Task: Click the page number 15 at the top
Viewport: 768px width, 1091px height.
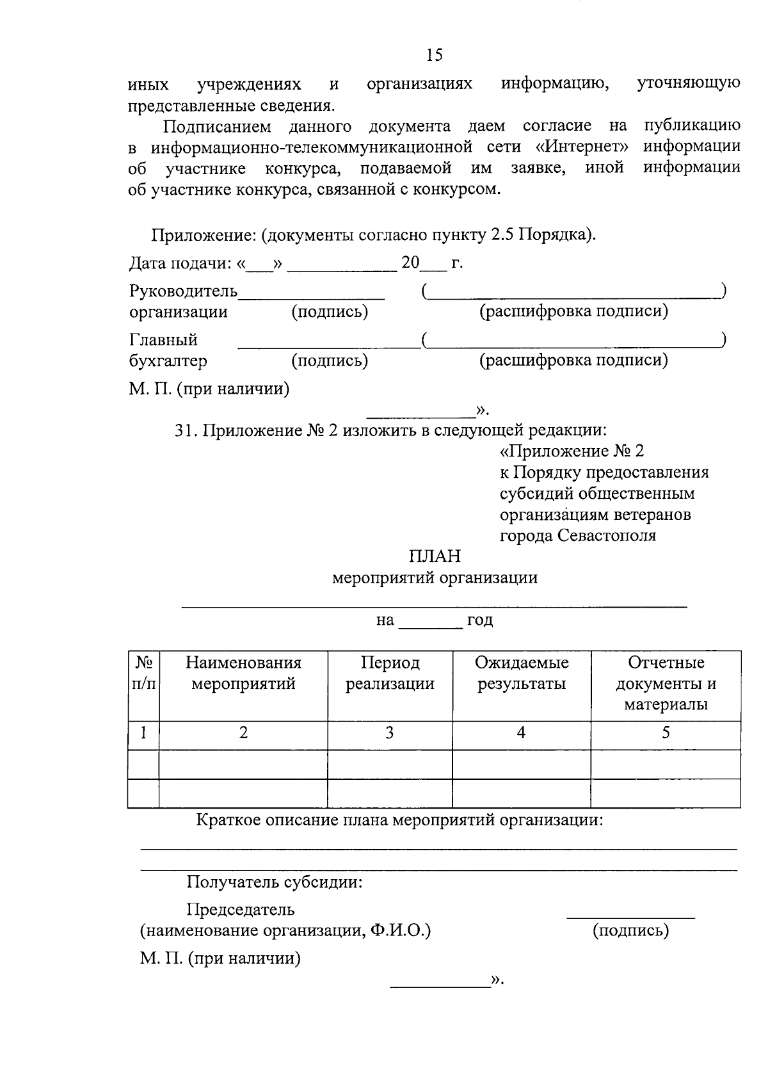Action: coord(434,56)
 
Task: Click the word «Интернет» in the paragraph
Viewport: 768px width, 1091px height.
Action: coord(581,147)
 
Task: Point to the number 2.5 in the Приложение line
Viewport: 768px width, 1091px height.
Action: coord(502,235)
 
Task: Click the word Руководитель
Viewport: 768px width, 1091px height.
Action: coord(183,291)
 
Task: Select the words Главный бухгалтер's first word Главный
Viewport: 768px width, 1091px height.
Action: coord(163,340)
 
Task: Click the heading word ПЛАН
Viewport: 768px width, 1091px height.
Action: coord(435,556)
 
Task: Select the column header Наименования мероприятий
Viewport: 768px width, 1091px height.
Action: coord(243,673)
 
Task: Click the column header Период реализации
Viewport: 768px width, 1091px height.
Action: coord(390,673)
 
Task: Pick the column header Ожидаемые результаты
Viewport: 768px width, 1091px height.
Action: coord(521,673)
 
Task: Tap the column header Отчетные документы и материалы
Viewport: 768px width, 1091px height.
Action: coord(666,683)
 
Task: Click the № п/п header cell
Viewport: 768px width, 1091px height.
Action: coord(143,673)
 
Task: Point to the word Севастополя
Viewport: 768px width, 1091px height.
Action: coord(606,535)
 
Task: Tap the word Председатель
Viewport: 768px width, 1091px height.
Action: coord(241,909)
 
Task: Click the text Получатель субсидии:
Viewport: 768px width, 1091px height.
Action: coord(275,882)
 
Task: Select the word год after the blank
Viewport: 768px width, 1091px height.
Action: coord(480,620)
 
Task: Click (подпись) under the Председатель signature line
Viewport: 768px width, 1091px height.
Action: coord(630,930)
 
